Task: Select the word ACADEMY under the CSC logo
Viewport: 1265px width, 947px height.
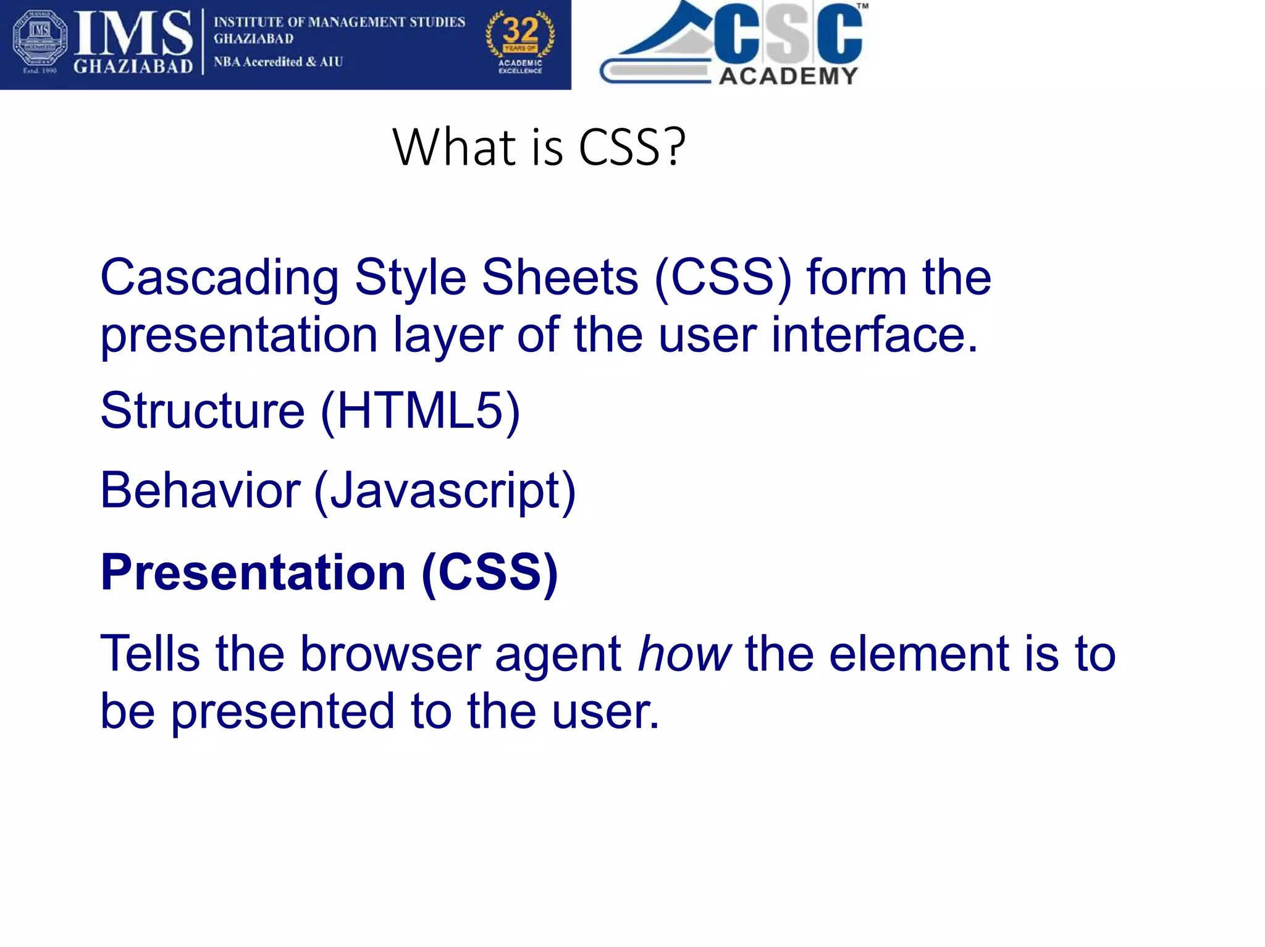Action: tap(789, 76)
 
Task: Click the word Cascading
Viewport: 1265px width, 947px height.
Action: tap(219, 278)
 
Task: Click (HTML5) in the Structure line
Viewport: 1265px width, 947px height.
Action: tap(420, 411)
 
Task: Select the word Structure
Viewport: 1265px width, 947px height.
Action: tap(203, 411)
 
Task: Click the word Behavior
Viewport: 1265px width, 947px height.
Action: tap(200, 490)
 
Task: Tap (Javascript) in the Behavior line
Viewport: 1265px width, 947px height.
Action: tap(445, 491)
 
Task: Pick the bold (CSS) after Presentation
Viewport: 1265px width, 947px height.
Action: tap(490, 572)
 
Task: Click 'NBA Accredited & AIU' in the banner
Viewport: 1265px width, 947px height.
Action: tap(278, 62)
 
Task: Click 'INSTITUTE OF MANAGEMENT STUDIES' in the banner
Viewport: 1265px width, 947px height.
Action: tap(339, 22)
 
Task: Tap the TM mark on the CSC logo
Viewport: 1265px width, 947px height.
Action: tap(862, 6)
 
